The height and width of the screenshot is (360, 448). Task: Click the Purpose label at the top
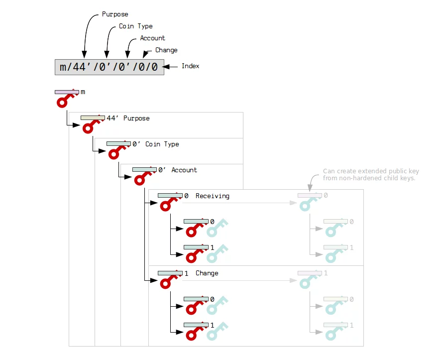click(114, 14)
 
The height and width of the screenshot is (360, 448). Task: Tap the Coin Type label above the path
click(135, 26)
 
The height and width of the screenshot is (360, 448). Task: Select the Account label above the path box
click(152, 38)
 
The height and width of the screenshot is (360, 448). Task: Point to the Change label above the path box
click(166, 50)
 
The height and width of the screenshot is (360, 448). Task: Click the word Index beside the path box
click(190, 66)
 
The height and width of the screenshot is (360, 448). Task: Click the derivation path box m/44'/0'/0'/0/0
click(109, 67)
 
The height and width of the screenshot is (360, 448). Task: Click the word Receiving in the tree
click(213, 196)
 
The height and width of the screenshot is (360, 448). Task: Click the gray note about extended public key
click(368, 175)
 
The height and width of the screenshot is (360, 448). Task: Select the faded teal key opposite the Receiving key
click(310, 201)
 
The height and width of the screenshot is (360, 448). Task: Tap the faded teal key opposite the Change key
click(310, 278)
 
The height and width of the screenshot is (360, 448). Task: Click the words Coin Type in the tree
click(162, 144)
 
